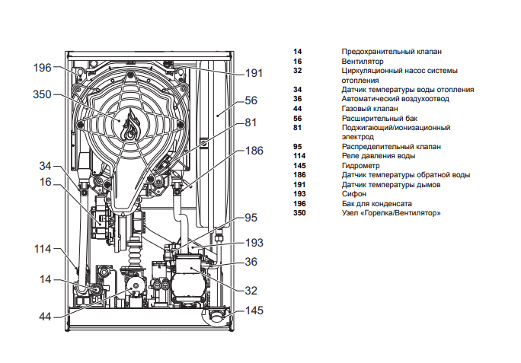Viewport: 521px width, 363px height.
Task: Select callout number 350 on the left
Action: coord(42,95)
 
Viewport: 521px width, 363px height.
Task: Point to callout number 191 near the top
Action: coord(254,74)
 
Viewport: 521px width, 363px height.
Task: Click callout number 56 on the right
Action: coord(251,100)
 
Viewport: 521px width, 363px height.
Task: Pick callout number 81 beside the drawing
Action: coord(251,123)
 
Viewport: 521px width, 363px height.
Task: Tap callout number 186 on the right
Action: coord(254,151)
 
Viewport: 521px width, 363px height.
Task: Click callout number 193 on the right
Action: coord(254,243)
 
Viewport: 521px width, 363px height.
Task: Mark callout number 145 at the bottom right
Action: coord(254,310)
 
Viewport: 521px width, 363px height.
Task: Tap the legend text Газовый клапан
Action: coord(369,109)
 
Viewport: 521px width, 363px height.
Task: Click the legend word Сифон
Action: coord(354,194)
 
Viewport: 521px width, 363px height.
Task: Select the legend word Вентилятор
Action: coord(363,61)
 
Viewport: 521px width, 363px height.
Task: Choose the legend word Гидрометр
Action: coord(361,165)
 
